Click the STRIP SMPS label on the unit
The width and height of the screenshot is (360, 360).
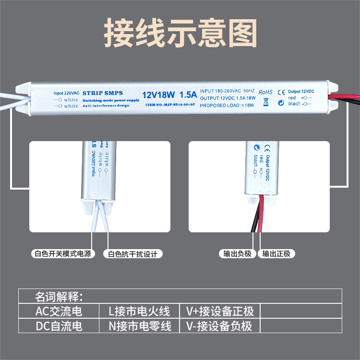104,92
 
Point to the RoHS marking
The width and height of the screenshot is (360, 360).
265,92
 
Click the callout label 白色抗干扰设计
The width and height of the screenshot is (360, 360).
132,254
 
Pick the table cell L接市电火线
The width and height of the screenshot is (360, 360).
140,311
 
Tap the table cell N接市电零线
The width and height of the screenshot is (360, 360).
140,326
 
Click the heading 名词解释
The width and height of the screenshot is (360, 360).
60,295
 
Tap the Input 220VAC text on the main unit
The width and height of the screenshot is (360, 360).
66,92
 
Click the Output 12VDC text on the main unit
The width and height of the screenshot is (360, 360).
301,91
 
